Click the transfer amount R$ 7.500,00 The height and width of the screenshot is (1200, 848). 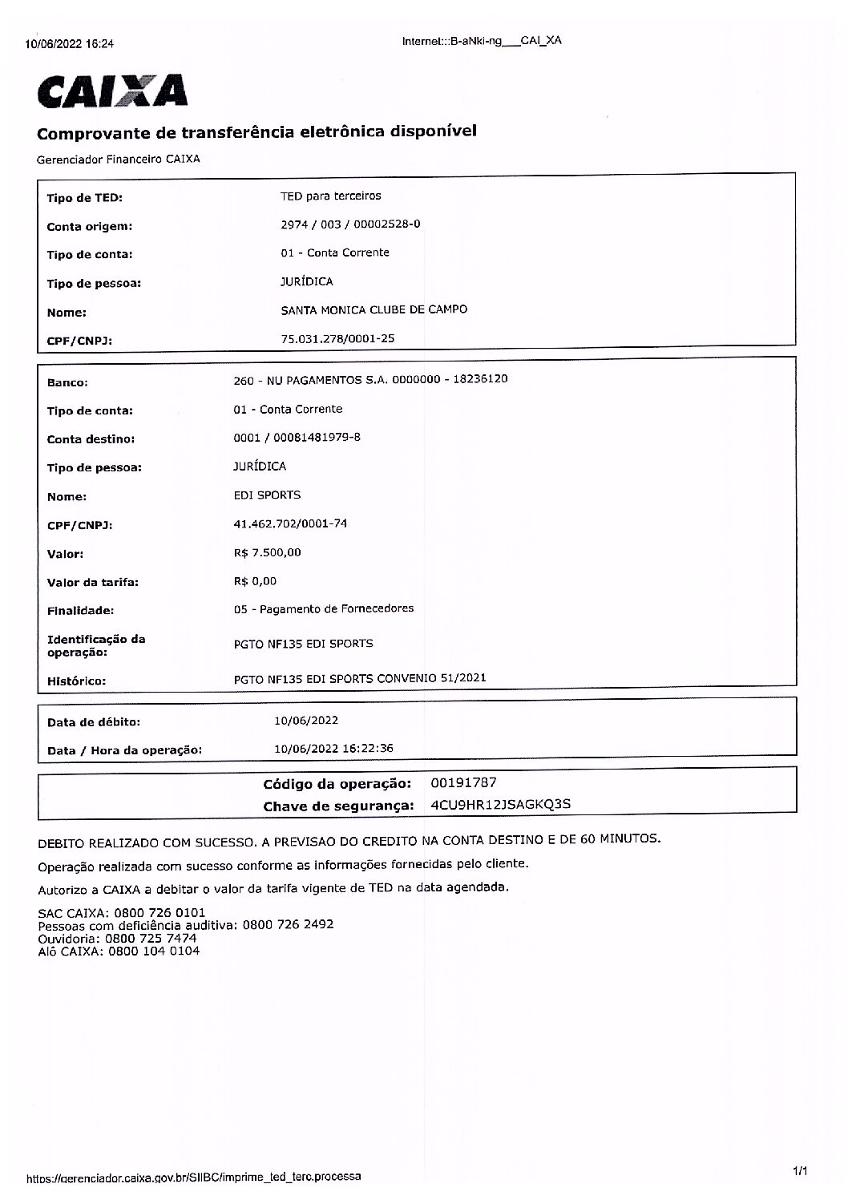[x=268, y=552]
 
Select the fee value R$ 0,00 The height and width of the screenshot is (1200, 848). [x=255, y=581]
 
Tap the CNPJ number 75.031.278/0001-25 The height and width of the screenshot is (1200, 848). [x=337, y=338]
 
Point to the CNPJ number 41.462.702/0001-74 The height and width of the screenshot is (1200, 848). [x=290, y=523]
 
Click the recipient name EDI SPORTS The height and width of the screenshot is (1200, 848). [x=267, y=495]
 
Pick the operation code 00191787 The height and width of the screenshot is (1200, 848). [x=463, y=782]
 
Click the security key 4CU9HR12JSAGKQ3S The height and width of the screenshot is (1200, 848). [x=500, y=804]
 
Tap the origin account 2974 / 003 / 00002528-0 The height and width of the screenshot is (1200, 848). [x=350, y=224]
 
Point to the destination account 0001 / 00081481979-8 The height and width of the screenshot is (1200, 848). [x=297, y=438]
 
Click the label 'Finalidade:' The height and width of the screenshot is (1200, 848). [x=80, y=611]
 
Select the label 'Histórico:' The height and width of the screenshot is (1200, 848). [x=76, y=681]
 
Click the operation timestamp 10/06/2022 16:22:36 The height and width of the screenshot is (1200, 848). [x=333, y=748]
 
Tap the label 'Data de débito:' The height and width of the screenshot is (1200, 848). [x=93, y=722]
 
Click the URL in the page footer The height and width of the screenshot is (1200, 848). [x=194, y=1178]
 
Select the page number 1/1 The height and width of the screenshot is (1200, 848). [x=799, y=1172]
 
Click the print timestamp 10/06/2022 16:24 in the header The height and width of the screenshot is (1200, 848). [x=70, y=44]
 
